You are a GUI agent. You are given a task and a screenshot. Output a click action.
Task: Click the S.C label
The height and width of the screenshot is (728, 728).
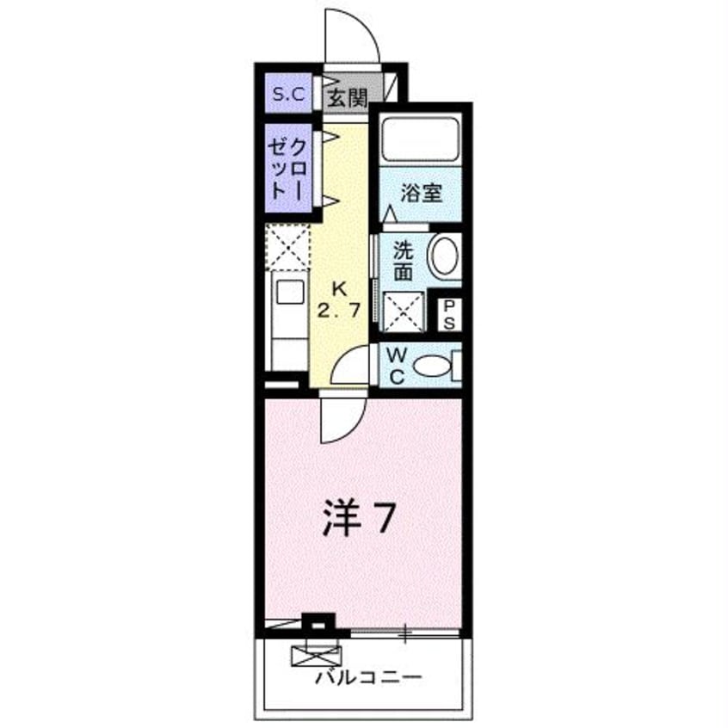pos(288,96)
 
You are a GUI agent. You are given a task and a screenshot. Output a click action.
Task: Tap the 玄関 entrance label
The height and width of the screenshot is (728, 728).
pos(347,97)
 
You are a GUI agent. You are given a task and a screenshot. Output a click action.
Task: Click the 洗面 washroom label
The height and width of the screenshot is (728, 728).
pos(403,260)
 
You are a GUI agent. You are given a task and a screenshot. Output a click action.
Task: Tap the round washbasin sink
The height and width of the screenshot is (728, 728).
pos(445,256)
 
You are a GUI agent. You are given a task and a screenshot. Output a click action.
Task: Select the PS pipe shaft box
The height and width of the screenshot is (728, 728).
pos(449,313)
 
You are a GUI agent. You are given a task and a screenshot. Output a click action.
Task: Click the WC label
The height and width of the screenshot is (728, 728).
pos(396,365)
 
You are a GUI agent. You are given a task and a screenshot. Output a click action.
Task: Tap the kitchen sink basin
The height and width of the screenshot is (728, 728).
pos(288,292)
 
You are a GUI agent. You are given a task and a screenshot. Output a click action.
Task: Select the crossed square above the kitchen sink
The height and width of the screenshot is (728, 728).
pos(288,247)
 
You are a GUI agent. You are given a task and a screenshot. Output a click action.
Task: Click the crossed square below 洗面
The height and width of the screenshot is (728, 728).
pos(404,311)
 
